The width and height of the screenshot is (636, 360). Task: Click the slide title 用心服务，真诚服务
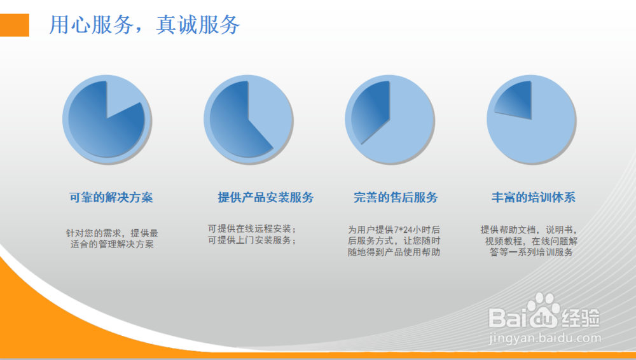[145, 25]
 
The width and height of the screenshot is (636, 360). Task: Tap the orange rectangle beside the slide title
[14, 25]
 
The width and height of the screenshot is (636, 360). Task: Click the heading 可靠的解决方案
[111, 197]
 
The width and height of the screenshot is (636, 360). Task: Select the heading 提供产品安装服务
[265, 197]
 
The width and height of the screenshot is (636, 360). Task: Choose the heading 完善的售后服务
[396, 197]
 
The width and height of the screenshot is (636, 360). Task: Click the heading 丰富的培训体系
[533, 197]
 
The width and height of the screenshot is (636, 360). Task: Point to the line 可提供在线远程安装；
[252, 228]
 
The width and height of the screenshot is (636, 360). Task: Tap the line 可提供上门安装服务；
[252, 240]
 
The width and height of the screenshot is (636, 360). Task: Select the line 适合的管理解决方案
[112, 244]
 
